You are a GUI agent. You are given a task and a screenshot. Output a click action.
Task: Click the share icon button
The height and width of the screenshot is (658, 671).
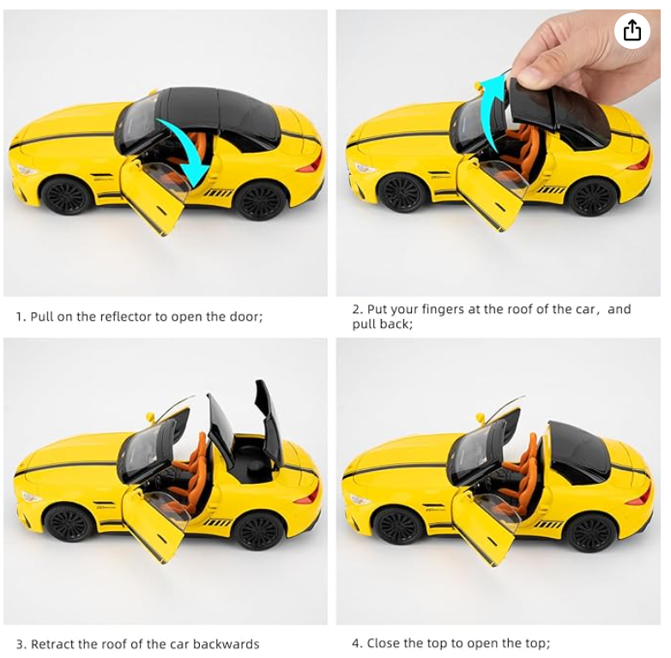tap(632, 30)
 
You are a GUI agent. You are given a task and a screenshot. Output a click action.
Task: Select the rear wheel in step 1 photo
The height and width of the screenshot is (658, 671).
tap(260, 201)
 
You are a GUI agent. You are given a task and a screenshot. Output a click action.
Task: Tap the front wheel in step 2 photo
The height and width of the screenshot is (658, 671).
tap(401, 193)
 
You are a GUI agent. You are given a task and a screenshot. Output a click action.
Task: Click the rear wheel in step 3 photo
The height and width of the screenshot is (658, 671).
tap(259, 530)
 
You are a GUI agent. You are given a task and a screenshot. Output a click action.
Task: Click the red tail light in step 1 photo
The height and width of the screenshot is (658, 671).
tap(314, 164)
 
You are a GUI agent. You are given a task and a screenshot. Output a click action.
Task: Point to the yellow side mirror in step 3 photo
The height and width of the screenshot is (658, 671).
tap(150, 417)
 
